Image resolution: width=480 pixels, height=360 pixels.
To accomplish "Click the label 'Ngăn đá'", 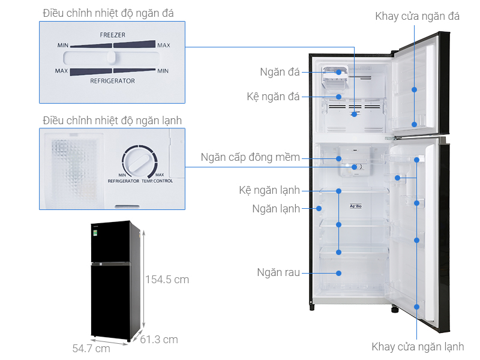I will pyautogui.click(x=280, y=73).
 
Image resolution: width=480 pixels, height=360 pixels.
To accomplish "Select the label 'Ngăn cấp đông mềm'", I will pyautogui.click(x=250, y=158).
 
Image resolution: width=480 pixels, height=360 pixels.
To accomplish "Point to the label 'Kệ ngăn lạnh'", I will pyautogui.click(x=269, y=191).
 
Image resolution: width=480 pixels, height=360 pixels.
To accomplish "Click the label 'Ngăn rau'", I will pyautogui.click(x=277, y=272).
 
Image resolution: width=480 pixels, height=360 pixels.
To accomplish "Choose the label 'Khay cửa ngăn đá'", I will pyautogui.click(x=417, y=16).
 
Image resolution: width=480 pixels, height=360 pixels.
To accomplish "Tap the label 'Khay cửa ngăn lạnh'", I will pyautogui.click(x=418, y=347).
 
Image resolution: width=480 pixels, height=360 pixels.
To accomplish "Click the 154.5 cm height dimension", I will pyautogui.click(x=167, y=280).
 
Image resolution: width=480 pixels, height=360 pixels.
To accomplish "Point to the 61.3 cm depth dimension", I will pyautogui.click(x=159, y=340).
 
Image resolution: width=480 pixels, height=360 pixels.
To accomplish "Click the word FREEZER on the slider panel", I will pyautogui.click(x=112, y=35).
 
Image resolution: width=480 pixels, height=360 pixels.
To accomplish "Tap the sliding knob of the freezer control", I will pyautogui.click(x=112, y=58).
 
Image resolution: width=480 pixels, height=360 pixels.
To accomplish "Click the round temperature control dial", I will pyautogui.click(x=139, y=161).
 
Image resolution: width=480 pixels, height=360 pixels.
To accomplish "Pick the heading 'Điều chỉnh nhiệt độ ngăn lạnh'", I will pyautogui.click(x=112, y=121).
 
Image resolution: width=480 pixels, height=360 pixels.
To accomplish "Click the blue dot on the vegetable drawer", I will pyautogui.click(x=339, y=272).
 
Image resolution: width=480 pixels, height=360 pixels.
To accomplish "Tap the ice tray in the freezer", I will pyautogui.click(x=334, y=76).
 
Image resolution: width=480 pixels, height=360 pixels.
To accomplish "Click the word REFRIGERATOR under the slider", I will pyautogui.click(x=112, y=81).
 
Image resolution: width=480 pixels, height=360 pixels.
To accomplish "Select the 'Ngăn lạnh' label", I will pyautogui.click(x=276, y=209).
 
